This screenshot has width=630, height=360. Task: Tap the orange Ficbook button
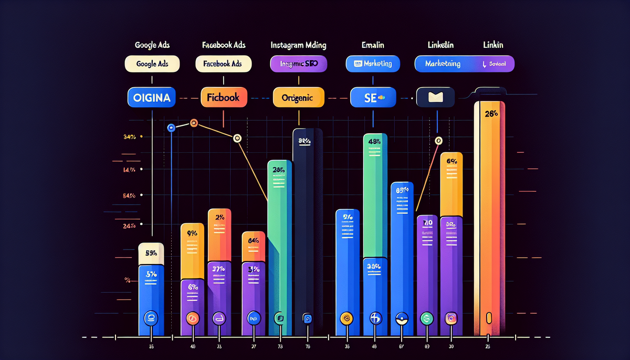[223, 98]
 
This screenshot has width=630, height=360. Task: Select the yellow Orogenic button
[297, 98]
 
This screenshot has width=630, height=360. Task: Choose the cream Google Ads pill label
[152, 64]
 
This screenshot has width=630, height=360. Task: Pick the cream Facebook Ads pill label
[223, 64]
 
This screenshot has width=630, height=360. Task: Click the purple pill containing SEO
[298, 64]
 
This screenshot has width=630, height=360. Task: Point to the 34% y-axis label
[129, 137]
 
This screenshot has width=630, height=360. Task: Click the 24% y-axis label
[129, 226]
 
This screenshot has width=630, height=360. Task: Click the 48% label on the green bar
[375, 141]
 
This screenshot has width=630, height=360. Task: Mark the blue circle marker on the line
[170, 128]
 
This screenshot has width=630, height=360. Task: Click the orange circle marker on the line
[193, 123]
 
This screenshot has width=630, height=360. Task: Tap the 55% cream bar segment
[151, 253]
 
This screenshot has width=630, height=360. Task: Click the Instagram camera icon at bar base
[451, 317]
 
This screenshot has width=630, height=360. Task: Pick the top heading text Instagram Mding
[298, 46]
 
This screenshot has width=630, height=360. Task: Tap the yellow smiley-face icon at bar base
[346, 317]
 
